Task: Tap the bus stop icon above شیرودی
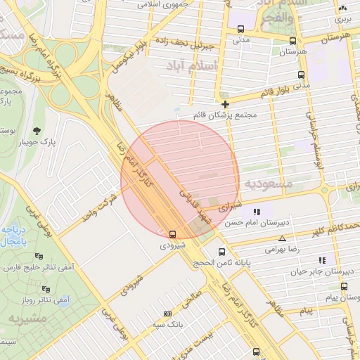click(x=173, y=233)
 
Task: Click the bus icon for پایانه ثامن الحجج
click(x=222, y=252)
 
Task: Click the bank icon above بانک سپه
click(x=167, y=314)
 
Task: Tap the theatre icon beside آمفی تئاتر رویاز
click(x=46, y=289)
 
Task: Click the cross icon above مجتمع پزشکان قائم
click(x=225, y=103)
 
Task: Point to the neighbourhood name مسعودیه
click(x=268, y=183)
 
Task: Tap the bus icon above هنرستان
click(x=292, y=40)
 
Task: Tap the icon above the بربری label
click(x=342, y=8)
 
